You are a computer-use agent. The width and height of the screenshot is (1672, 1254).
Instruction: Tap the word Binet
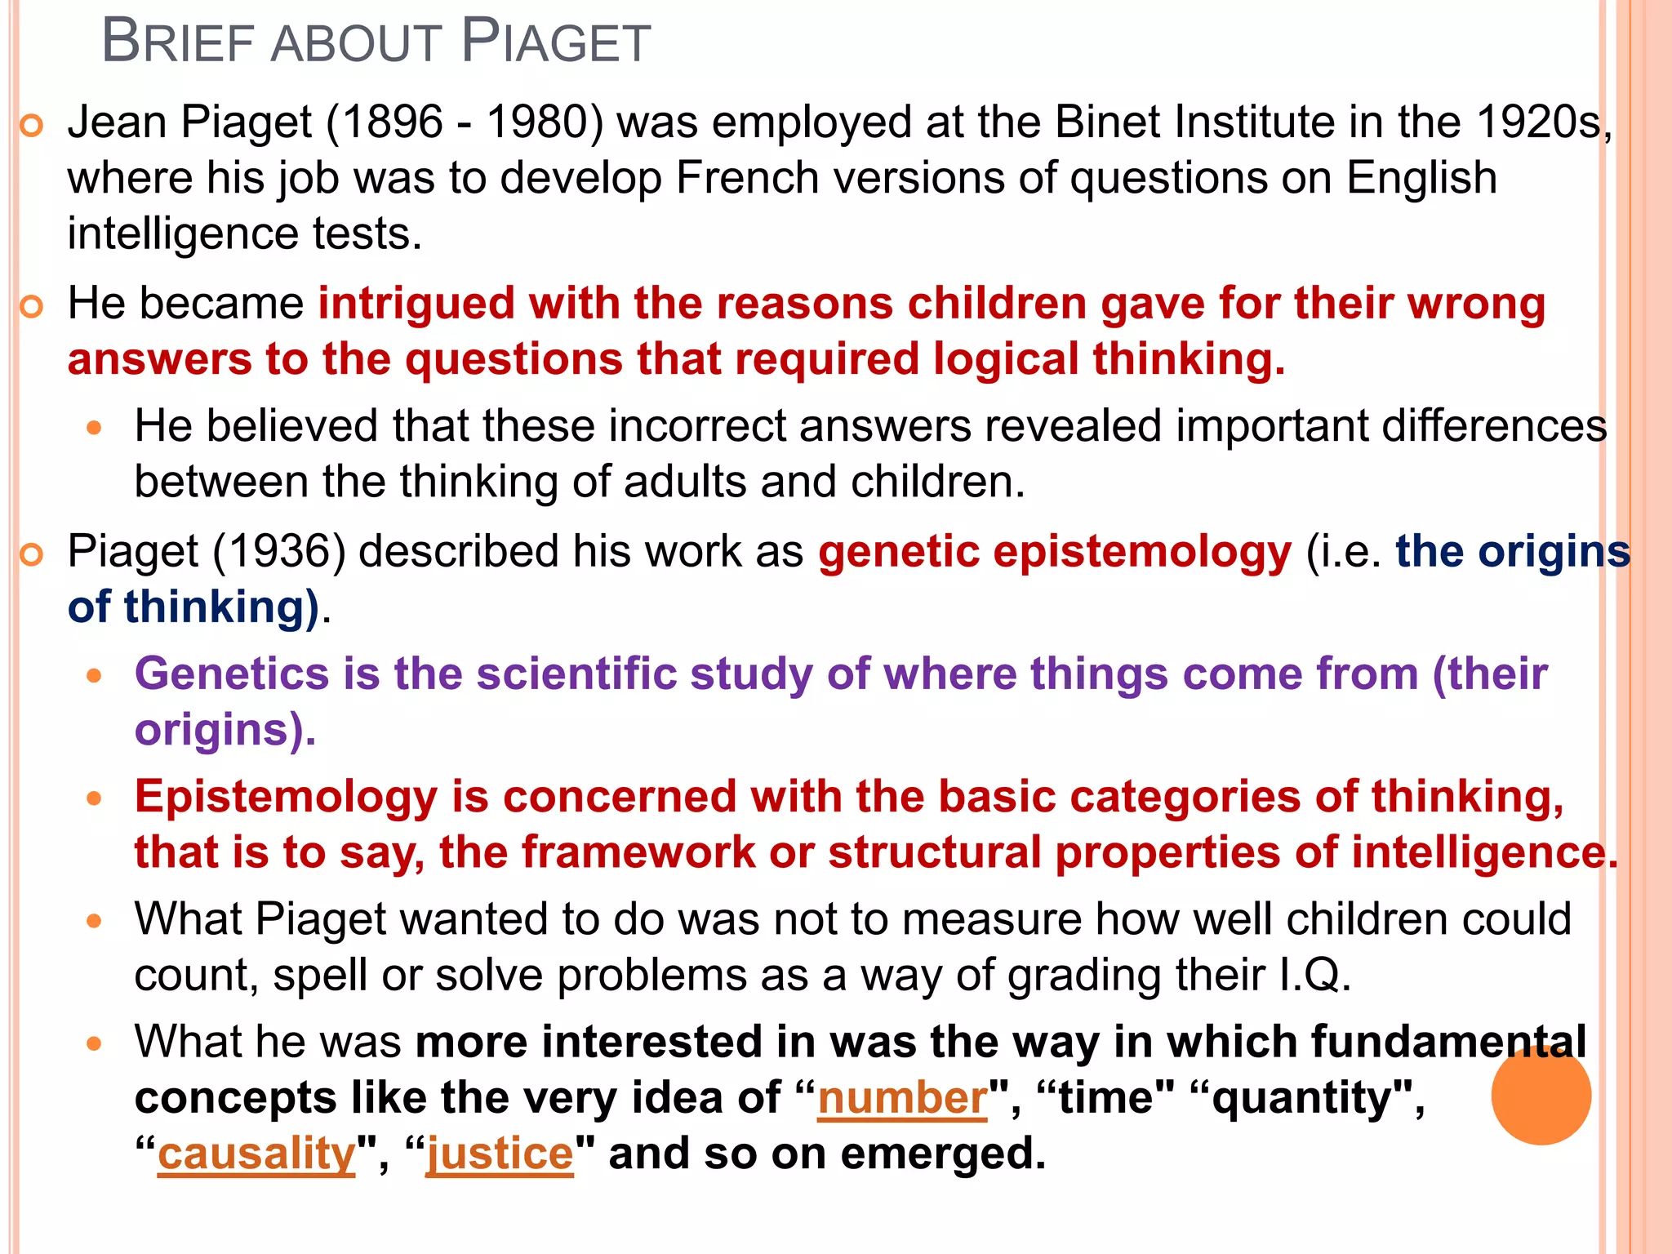tap(1107, 122)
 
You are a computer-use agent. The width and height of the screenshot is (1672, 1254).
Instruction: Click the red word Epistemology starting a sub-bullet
tap(286, 797)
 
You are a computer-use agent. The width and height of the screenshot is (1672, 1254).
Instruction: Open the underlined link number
tap(902, 1098)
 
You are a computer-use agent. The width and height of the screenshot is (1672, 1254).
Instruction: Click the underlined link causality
tap(256, 1154)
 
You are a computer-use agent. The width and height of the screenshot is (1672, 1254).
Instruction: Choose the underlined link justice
tap(500, 1154)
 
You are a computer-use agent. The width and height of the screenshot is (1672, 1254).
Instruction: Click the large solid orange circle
tap(1541, 1095)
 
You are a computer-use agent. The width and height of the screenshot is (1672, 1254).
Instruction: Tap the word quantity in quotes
tap(1301, 1098)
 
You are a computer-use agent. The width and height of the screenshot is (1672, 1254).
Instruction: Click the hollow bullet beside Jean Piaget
tap(31, 126)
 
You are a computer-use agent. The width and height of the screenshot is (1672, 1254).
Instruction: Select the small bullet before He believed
tap(95, 427)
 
